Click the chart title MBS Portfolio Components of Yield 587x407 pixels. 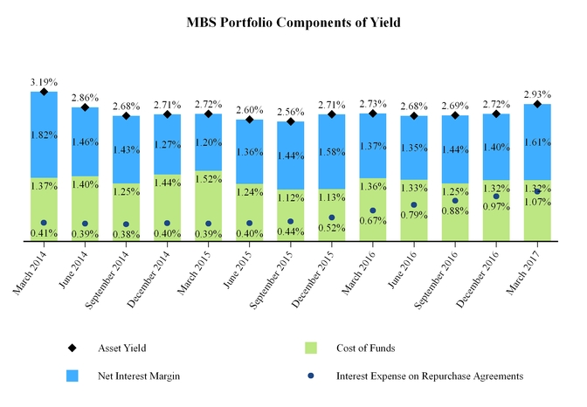(293, 23)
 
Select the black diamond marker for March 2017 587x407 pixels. (537, 105)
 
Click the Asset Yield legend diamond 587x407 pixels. (73, 348)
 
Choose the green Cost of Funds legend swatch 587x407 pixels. (310, 348)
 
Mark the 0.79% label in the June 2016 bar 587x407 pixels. (414, 216)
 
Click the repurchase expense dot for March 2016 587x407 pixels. (373, 210)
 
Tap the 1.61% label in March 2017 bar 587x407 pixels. (537, 141)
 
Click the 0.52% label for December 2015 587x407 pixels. (332, 228)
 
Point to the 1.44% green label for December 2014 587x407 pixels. (167, 183)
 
